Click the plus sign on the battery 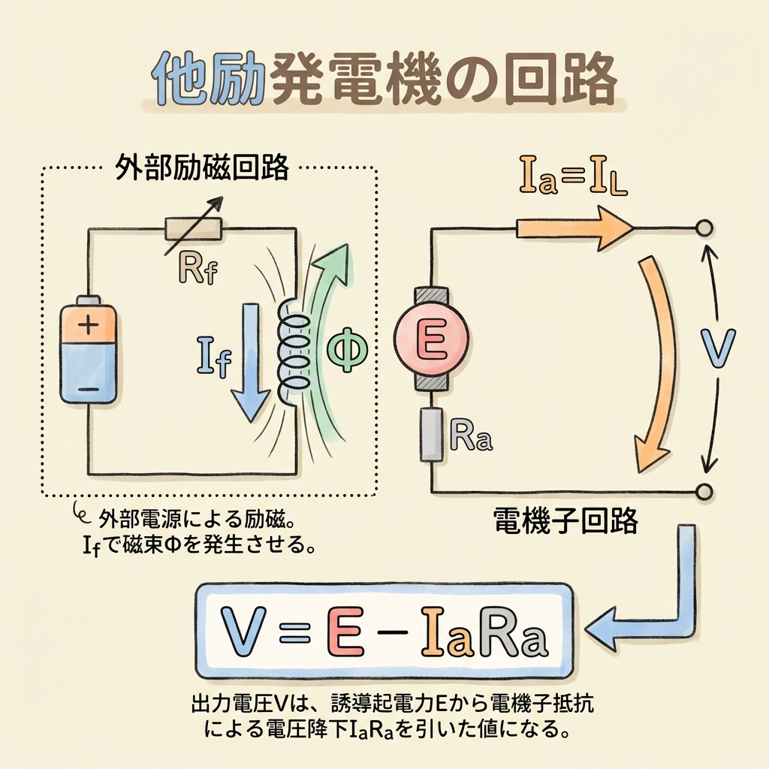click(x=89, y=325)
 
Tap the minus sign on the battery click(x=89, y=390)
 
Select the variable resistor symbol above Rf click(x=193, y=228)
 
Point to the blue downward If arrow click(x=251, y=362)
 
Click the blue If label click(x=214, y=357)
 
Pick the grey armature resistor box click(x=432, y=435)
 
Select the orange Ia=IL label click(x=573, y=176)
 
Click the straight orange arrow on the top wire click(x=574, y=228)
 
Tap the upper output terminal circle click(x=704, y=228)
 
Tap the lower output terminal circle click(x=704, y=491)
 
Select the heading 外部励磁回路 click(x=201, y=169)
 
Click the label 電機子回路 click(x=565, y=521)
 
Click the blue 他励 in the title click(x=207, y=80)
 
